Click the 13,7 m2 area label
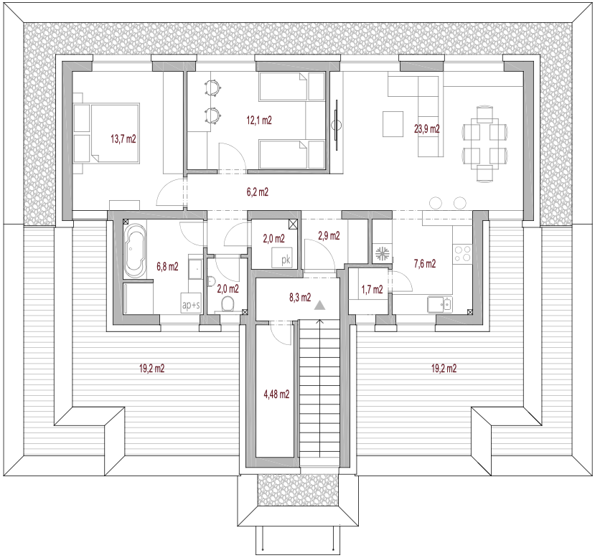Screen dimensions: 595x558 click(x=123, y=139)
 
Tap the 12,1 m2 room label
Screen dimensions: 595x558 click(x=259, y=120)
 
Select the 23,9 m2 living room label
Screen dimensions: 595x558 click(x=427, y=129)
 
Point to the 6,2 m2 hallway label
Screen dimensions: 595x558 click(x=258, y=192)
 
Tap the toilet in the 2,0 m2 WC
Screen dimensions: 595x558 click(x=228, y=303)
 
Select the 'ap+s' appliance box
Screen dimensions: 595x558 click(x=191, y=303)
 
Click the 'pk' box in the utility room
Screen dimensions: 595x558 click(x=282, y=258)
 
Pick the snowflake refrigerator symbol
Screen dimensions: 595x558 click(x=382, y=254)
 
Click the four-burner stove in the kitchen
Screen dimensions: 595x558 click(x=462, y=254)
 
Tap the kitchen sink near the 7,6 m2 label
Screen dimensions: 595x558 click(x=440, y=304)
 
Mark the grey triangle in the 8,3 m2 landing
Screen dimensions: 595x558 click(x=320, y=305)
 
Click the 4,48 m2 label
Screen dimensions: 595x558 click(x=276, y=394)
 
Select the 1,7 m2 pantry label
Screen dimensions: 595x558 click(x=373, y=290)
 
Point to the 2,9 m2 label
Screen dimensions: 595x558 click(x=329, y=236)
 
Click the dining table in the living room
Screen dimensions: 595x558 click(x=484, y=144)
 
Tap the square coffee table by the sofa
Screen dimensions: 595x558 click(x=393, y=123)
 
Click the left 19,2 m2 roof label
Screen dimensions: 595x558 click(x=151, y=369)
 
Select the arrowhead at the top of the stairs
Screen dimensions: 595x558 click(x=320, y=322)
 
